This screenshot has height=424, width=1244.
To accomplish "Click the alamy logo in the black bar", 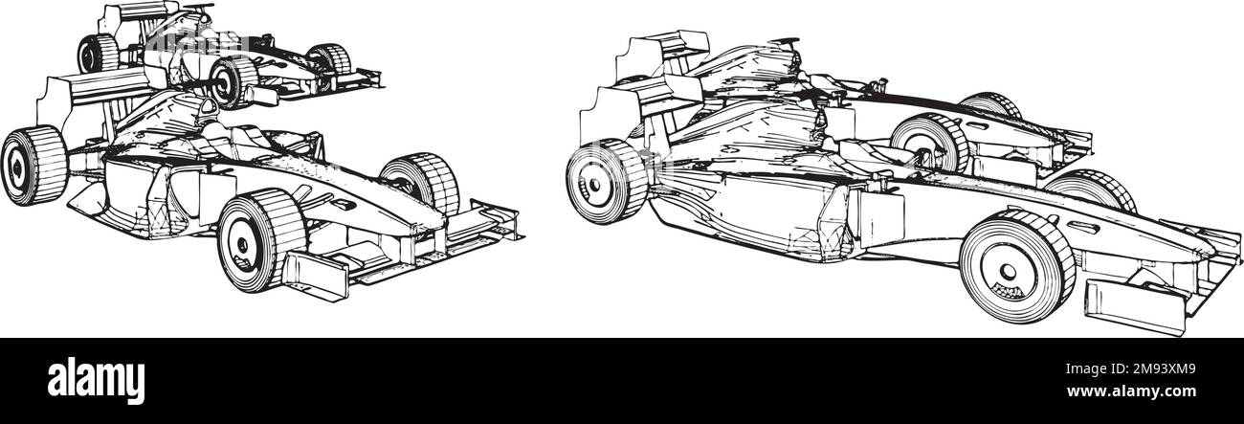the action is pos(96,382).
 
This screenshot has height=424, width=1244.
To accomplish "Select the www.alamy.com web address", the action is pos(1131,391).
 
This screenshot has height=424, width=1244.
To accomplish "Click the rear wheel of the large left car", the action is pos(34,166).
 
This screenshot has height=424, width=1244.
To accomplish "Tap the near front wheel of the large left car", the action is pos(261,240).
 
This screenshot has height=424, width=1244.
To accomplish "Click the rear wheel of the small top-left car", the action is pos(98,54).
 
